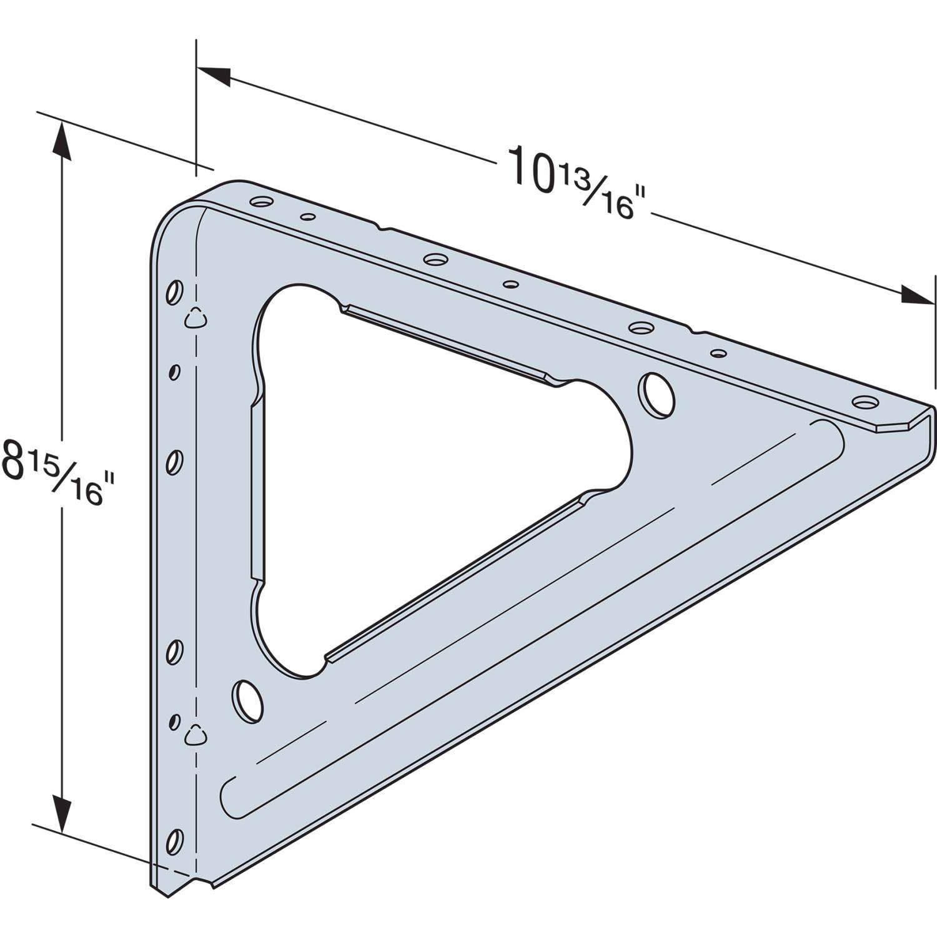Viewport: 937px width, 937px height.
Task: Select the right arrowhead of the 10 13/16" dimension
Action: click(x=918, y=294)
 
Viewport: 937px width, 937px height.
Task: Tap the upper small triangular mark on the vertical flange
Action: click(x=195, y=318)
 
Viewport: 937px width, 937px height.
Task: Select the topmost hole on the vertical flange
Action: click(x=176, y=292)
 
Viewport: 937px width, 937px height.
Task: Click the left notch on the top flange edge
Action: click(x=382, y=227)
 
